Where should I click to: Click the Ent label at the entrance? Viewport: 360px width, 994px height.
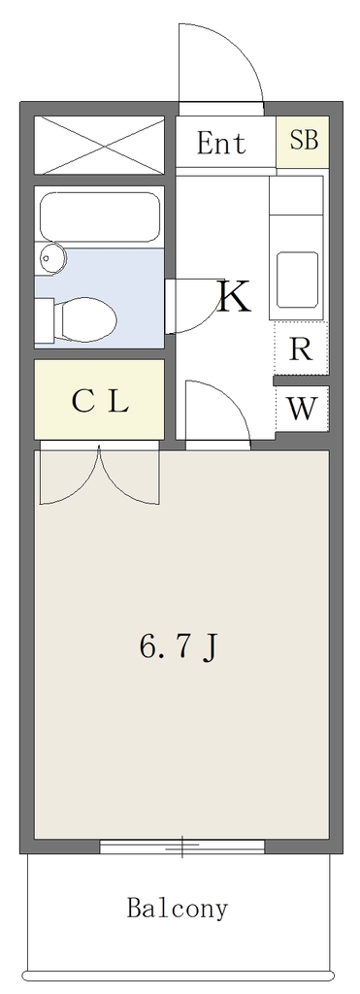221,144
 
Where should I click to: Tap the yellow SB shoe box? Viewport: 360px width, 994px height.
303,142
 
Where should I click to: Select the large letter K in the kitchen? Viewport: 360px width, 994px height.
234,297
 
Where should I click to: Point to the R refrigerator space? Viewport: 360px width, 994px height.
301,348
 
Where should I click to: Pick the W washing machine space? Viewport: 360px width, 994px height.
302,409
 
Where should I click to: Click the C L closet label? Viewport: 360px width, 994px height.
100,401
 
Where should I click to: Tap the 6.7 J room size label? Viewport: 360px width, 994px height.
179,646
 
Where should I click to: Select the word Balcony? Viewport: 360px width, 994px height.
177,909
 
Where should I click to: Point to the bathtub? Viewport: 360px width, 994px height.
100,216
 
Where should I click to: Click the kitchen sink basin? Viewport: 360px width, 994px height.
296,280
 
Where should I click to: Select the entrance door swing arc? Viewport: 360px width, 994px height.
221,63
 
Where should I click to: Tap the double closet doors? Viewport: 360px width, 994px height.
100,476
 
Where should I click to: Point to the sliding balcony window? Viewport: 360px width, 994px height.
182,846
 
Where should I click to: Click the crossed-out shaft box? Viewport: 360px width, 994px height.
100,145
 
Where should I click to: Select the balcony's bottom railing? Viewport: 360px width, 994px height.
177,976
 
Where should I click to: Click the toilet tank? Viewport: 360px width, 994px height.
44,321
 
